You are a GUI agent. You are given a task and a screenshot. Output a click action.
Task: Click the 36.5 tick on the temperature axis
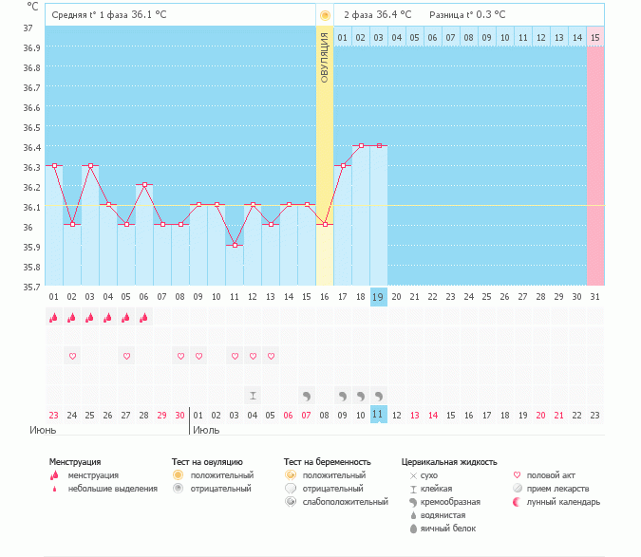coord(31,127)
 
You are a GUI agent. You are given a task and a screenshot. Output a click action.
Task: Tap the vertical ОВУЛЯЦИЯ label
coord(325,58)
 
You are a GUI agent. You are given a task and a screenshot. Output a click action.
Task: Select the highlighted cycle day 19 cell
coord(378,297)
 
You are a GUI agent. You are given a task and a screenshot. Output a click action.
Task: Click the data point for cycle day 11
coord(235,245)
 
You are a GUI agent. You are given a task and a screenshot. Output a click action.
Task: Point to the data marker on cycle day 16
coord(325,224)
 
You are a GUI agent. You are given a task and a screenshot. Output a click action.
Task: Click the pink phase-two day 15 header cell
coord(594,37)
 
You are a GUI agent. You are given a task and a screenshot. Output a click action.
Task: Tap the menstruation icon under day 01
coord(54,319)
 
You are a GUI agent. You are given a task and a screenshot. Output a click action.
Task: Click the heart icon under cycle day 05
coord(126,356)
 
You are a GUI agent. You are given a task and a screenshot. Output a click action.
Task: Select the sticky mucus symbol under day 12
coord(253,395)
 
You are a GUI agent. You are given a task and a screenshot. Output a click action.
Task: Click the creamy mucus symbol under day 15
coord(307,395)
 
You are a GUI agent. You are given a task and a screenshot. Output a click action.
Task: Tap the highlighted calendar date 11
coord(378,415)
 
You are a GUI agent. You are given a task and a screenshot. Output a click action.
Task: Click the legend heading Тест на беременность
coord(327,461)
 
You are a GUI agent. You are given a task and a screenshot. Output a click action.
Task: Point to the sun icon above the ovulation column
coord(325,15)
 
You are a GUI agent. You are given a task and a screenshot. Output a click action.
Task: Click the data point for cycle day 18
coord(361,145)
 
